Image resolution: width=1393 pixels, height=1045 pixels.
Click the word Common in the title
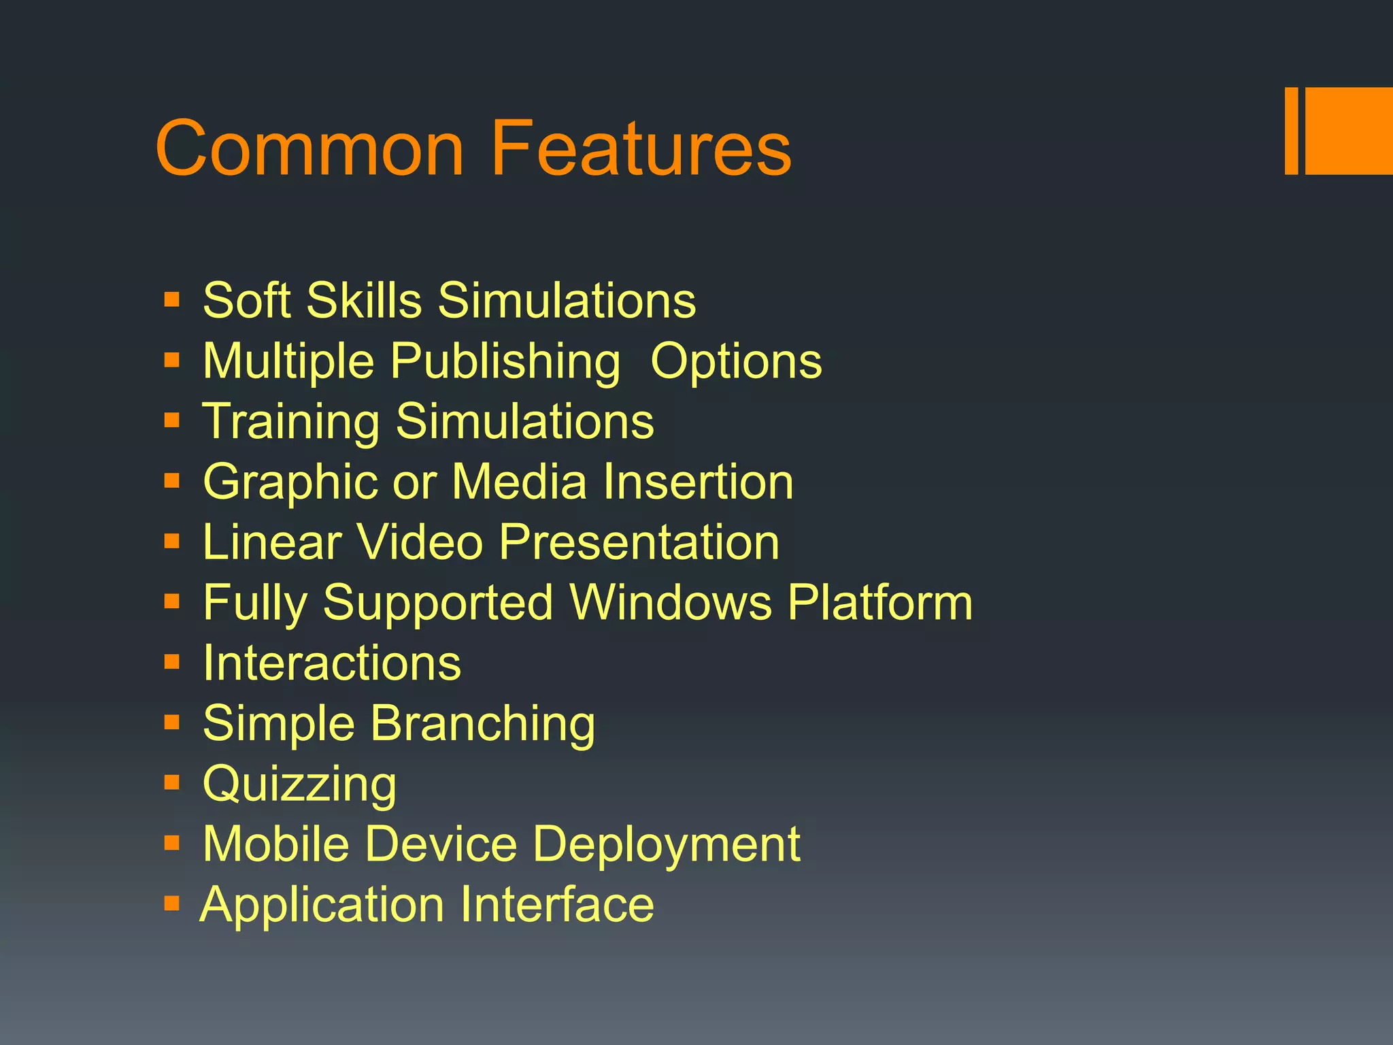pyautogui.click(x=310, y=148)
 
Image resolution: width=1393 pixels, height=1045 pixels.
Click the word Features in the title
pyautogui.click(x=641, y=148)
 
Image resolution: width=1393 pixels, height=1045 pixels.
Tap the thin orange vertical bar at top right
pyautogui.click(x=1292, y=131)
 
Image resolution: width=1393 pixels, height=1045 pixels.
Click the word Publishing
pyautogui.click(x=505, y=361)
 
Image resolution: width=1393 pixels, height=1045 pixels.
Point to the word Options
pyautogui.click(x=736, y=361)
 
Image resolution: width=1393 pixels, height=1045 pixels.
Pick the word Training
pyautogui.click(x=291, y=422)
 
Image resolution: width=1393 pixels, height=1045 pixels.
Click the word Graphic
pyautogui.click(x=290, y=482)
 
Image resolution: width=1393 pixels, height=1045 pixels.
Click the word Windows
pyautogui.click(x=671, y=602)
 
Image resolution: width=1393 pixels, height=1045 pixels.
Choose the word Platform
pyautogui.click(x=880, y=602)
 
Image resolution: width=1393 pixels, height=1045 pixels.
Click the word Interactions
pyautogui.click(x=332, y=663)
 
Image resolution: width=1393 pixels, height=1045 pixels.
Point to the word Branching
pyautogui.click(x=483, y=724)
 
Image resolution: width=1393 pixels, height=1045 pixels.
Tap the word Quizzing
pyautogui.click(x=300, y=784)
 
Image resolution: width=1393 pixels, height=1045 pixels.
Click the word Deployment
pyautogui.click(x=667, y=845)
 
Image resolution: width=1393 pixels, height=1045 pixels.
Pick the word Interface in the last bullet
pyautogui.click(x=556, y=904)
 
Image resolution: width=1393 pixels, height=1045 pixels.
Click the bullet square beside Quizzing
pyautogui.click(x=172, y=783)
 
